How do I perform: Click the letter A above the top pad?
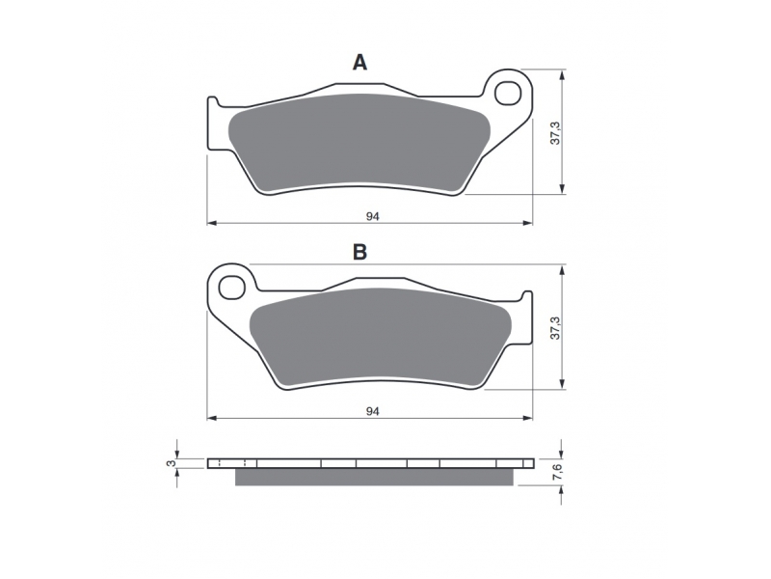(359, 63)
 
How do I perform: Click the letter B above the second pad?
(359, 252)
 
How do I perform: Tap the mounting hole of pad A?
(508, 93)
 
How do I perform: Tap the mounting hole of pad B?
(232, 288)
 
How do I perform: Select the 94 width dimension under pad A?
(373, 216)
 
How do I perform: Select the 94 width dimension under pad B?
(373, 411)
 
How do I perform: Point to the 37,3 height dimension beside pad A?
(555, 132)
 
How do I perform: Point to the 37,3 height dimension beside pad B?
(555, 327)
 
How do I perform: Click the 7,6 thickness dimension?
(556, 472)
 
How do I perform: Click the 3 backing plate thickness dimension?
(171, 463)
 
